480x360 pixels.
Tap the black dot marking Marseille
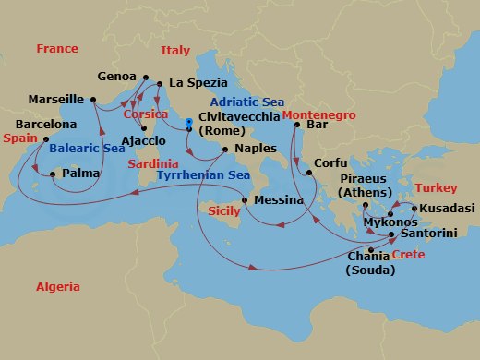click(x=93, y=99)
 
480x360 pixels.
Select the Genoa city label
click(x=115, y=77)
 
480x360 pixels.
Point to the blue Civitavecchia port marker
click(x=188, y=121)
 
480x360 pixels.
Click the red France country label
click(x=57, y=48)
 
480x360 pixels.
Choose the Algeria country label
click(x=58, y=287)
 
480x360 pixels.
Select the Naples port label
click(x=256, y=148)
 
